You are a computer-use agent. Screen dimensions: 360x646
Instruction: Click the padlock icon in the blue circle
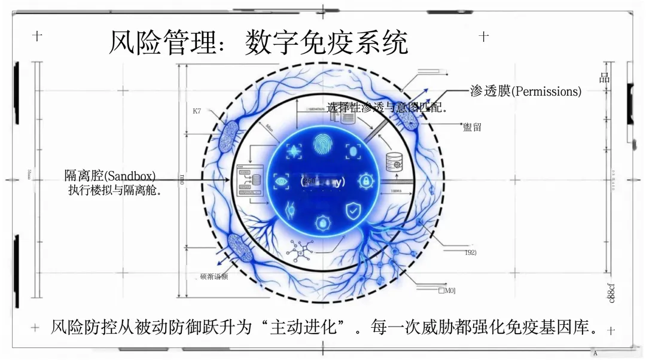pos(364,180)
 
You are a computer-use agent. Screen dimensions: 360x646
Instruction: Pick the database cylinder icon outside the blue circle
pos(394,161)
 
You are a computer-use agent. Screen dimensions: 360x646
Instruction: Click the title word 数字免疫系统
pos(326,43)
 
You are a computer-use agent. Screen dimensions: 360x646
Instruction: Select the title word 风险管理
pos(161,43)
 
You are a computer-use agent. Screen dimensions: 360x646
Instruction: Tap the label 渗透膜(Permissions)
pos(525,91)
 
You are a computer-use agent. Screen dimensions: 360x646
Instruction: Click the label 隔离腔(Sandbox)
pos(110,176)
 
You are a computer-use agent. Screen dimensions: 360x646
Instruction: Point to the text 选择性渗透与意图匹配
pos(387,108)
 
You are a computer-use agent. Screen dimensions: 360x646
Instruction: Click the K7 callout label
pos(197,111)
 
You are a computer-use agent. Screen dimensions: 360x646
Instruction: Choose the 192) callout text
pos(470,253)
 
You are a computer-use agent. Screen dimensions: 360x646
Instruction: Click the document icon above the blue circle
pos(346,118)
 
